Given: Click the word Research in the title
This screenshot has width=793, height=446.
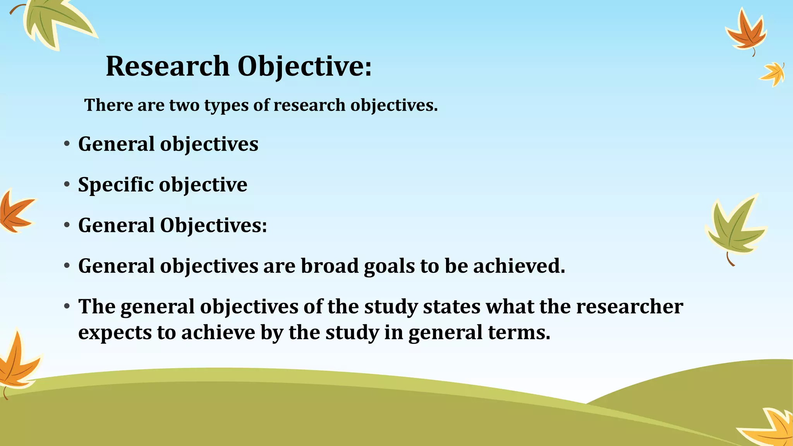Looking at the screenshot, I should (x=168, y=66).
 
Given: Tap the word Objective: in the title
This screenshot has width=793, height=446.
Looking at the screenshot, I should (x=304, y=66).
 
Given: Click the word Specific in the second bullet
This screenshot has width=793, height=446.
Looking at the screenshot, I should (x=116, y=185).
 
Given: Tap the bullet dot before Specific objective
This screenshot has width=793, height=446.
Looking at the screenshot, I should (x=67, y=184).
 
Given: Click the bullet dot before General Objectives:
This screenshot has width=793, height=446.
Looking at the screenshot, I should (x=67, y=225).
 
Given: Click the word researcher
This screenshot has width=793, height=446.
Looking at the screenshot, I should (x=630, y=307).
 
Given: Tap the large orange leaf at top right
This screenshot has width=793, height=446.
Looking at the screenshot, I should (x=747, y=33).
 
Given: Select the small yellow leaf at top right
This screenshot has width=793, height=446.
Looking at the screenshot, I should (x=773, y=74).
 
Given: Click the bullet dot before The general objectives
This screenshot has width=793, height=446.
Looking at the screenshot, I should (x=67, y=307).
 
